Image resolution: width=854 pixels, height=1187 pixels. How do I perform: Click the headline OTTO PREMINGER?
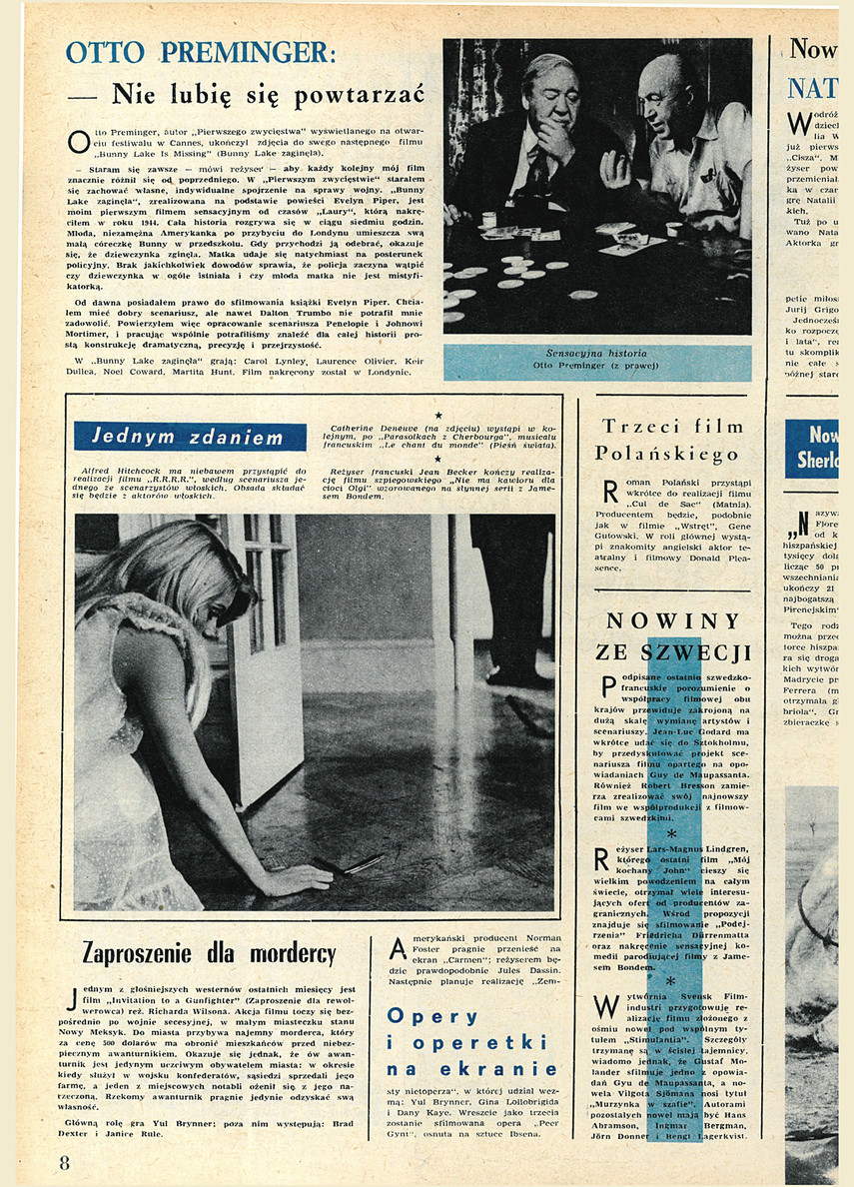pos(201,52)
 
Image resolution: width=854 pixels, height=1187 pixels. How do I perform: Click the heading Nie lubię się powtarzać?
pos(268,95)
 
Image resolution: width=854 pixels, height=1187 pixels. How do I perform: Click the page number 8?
pos(64,1162)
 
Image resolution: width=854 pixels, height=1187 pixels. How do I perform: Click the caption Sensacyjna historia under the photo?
pos(596,354)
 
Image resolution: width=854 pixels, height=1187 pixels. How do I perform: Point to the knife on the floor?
pos(362,864)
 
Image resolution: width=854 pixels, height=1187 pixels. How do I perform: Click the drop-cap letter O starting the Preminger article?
pos(78,142)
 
